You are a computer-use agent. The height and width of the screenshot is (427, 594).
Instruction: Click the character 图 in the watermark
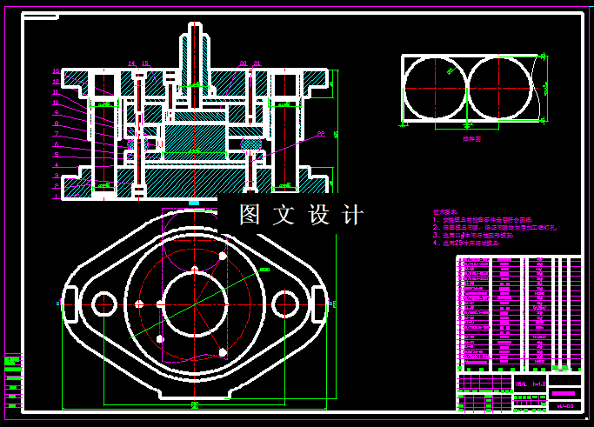click(x=250, y=215)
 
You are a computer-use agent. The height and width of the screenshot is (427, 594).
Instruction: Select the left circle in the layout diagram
click(x=436, y=88)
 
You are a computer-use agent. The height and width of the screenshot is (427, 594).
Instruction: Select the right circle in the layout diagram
click(x=500, y=88)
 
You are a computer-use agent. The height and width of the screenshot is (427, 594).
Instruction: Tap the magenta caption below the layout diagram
click(x=471, y=137)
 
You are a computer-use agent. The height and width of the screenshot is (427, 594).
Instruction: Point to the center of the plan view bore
click(x=195, y=304)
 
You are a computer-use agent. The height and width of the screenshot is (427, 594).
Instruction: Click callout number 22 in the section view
click(x=321, y=134)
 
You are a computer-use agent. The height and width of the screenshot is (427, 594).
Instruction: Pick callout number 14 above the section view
click(x=131, y=63)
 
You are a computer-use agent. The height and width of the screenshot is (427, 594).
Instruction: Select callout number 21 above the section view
click(x=257, y=63)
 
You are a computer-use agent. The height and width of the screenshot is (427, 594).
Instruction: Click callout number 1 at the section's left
click(x=56, y=197)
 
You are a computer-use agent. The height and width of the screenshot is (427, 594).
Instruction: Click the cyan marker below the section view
click(x=194, y=203)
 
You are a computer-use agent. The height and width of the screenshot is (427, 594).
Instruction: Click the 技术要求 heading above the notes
click(x=446, y=212)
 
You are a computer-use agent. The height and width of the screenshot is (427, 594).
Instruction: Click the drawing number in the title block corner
click(x=564, y=405)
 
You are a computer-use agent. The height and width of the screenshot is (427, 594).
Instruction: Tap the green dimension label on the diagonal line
click(x=265, y=270)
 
